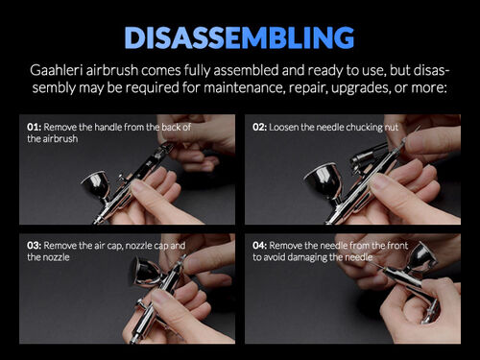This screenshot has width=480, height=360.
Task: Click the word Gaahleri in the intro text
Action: [x=58, y=73]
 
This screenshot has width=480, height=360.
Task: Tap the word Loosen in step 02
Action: [x=286, y=127]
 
